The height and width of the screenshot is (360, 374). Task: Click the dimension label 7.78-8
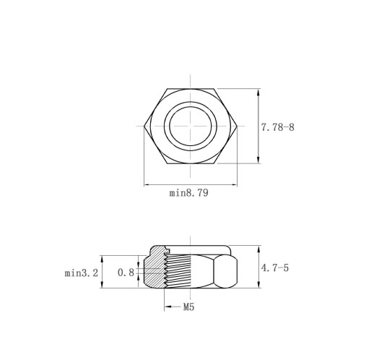278,127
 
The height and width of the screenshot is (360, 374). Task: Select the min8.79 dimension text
188,193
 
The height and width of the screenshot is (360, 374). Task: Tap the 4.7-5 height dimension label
275,267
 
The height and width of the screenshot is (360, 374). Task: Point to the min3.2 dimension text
82,273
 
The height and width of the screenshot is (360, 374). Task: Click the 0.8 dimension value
126,273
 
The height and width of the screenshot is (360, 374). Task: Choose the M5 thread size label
188,307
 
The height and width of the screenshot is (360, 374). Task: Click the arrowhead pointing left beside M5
168,307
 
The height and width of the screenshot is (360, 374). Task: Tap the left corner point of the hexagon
144,126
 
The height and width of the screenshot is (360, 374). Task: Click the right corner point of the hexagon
237,126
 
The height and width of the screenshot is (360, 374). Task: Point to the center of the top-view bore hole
191,126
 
